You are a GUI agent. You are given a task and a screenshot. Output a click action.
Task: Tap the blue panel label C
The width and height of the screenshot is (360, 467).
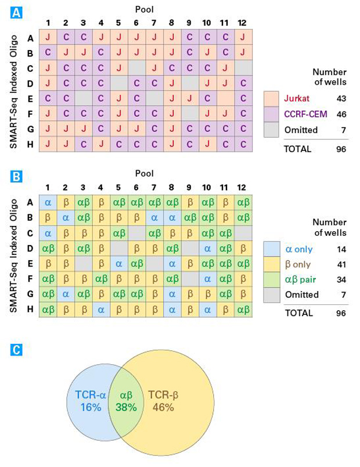coord(17,351)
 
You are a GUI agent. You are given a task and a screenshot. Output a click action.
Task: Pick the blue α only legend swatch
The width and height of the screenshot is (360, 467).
coord(272,248)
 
